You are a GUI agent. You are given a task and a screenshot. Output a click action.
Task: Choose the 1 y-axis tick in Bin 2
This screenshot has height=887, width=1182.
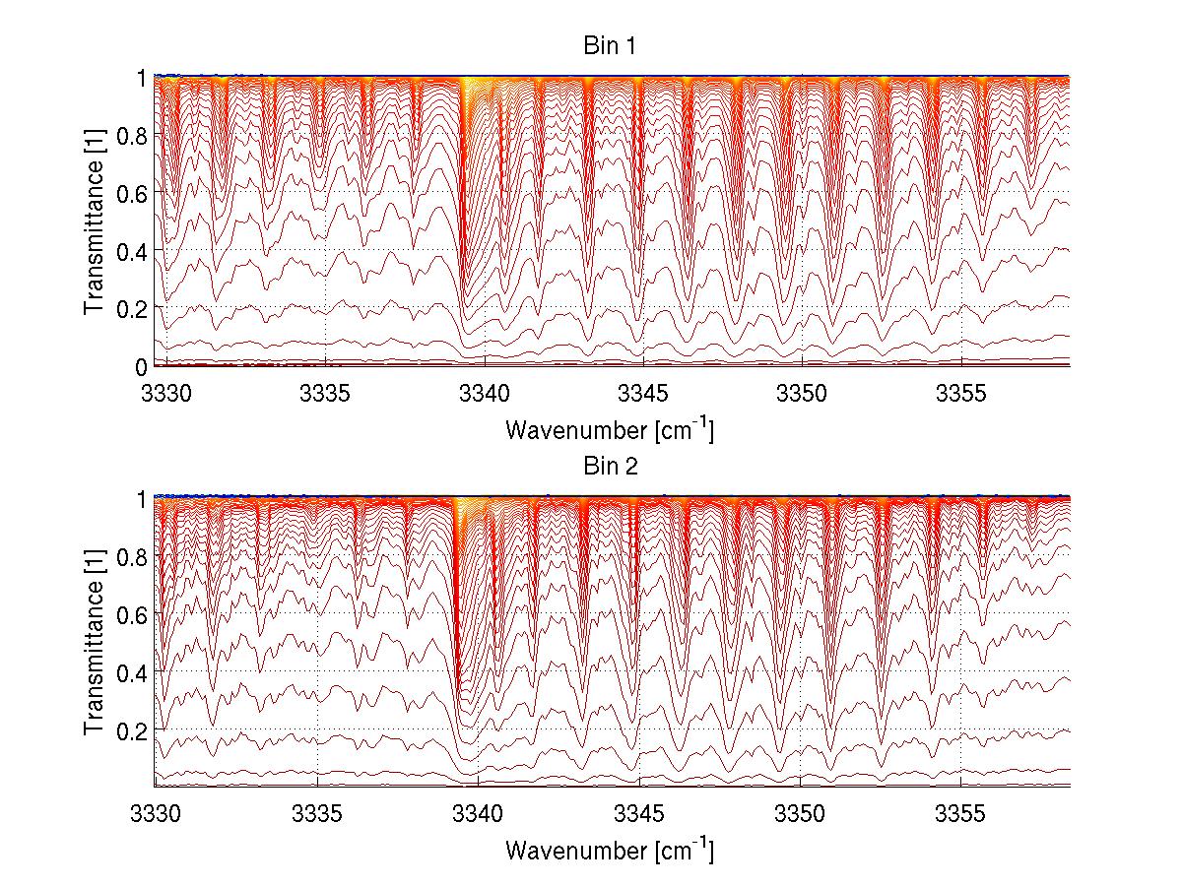pyautogui.click(x=141, y=499)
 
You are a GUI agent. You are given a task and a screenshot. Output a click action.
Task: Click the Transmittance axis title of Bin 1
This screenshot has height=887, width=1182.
pyautogui.click(x=95, y=222)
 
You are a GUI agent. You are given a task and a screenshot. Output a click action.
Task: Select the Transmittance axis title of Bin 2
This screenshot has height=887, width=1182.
pyautogui.click(x=95, y=642)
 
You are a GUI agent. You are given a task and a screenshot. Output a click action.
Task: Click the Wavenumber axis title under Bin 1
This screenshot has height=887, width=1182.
pyautogui.click(x=610, y=429)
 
